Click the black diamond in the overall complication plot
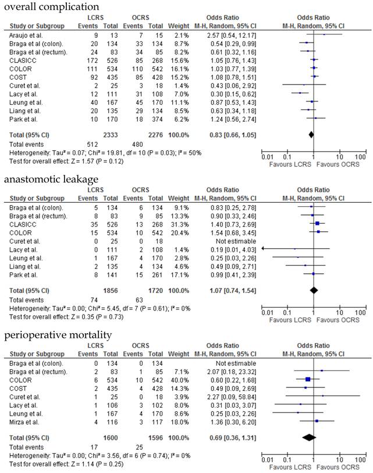click(311, 135)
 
